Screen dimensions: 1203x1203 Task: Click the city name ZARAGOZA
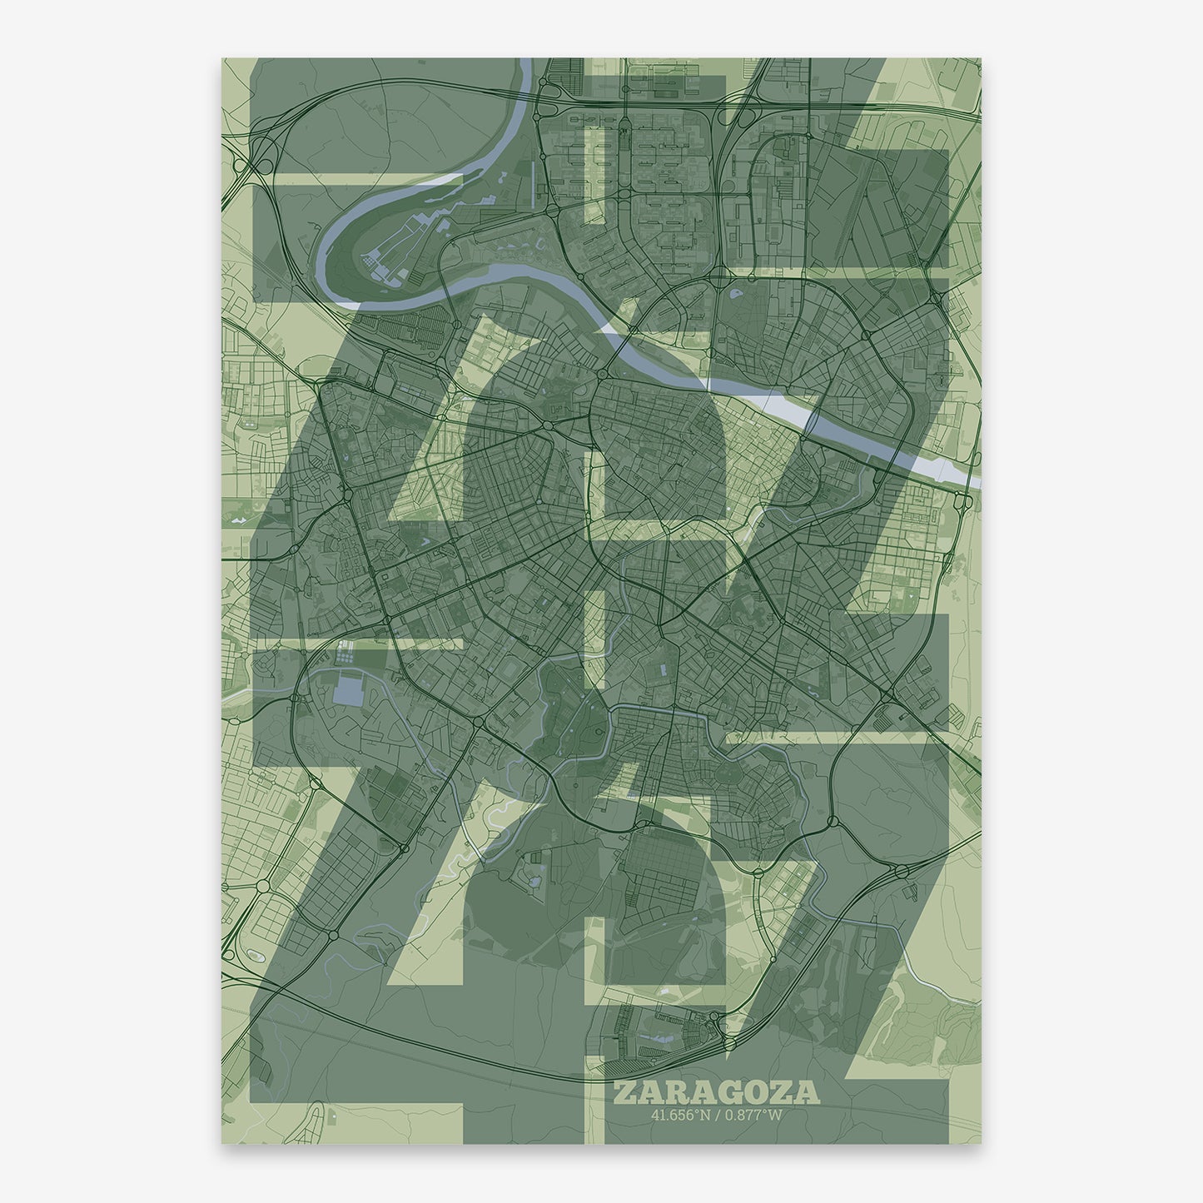pyautogui.click(x=716, y=1092)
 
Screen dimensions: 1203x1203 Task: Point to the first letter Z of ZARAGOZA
pyautogui.click(x=624, y=1092)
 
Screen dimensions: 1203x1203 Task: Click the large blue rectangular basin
pyautogui.click(x=347, y=690)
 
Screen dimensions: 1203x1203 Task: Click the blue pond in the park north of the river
pyautogui.click(x=735, y=293)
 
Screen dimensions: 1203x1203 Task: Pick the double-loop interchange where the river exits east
pyautogui.click(x=964, y=501)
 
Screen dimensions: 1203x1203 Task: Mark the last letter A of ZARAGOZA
pyautogui.click(x=808, y=1092)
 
